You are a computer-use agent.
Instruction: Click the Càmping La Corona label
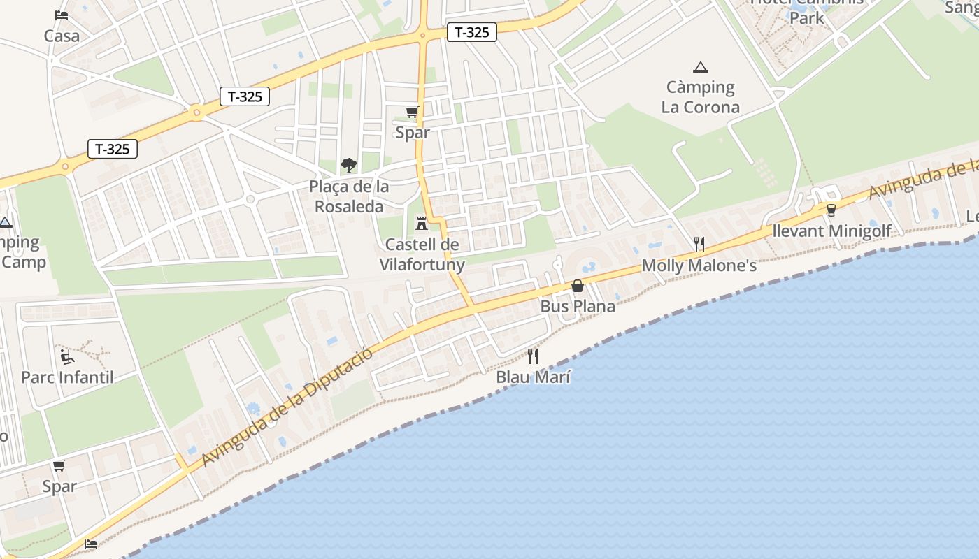point(701,97)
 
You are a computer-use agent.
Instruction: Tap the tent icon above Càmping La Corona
point(700,68)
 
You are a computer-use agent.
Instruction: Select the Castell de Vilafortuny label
point(422,254)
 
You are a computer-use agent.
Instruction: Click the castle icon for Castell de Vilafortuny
point(422,224)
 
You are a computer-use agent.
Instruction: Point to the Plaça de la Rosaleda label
point(349,196)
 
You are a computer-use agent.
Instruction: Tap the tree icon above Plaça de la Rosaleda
point(348,166)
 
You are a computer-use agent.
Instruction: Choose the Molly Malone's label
point(699,266)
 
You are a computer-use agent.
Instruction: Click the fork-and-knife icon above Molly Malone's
point(699,244)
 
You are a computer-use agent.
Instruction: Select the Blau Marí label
point(534,377)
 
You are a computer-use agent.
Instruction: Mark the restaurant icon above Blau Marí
point(533,356)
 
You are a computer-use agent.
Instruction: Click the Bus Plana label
point(578,306)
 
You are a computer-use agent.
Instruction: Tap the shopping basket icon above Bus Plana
point(578,286)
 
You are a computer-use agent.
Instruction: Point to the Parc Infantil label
point(67,377)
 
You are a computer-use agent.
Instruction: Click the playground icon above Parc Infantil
point(67,357)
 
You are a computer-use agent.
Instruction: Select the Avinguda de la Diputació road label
point(287,407)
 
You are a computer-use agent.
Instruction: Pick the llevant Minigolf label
point(832,231)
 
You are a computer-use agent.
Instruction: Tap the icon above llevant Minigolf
point(831,210)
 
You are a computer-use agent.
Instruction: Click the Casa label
point(62,36)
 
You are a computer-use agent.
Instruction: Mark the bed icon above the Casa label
point(62,15)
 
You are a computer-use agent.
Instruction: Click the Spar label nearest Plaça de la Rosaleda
point(413,132)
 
